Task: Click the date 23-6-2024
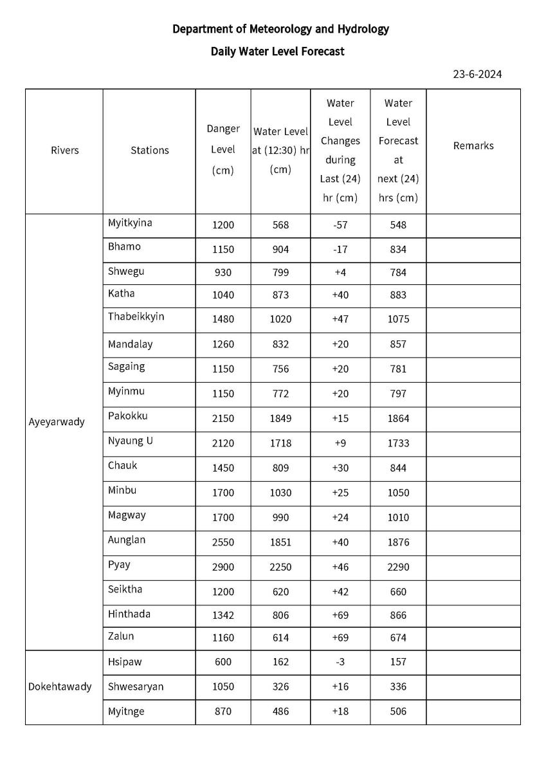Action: (x=477, y=74)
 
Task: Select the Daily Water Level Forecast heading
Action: (x=277, y=51)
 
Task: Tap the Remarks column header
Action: (x=473, y=146)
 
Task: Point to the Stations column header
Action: (x=150, y=151)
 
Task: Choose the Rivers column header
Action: (x=64, y=151)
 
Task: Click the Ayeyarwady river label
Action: (x=57, y=423)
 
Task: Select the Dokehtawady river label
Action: (x=60, y=686)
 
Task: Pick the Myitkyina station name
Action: (x=130, y=223)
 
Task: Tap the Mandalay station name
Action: (x=131, y=344)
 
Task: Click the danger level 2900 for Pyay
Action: (x=223, y=567)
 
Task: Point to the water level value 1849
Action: (x=280, y=419)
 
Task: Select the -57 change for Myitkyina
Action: (x=340, y=225)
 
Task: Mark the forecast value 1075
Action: (x=398, y=320)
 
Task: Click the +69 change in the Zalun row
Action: (x=340, y=638)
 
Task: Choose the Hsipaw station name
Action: (x=124, y=661)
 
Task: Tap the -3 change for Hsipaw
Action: (x=340, y=662)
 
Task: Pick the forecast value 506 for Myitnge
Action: (x=398, y=712)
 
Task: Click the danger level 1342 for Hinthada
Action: (x=223, y=616)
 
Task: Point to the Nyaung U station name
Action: (x=131, y=441)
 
